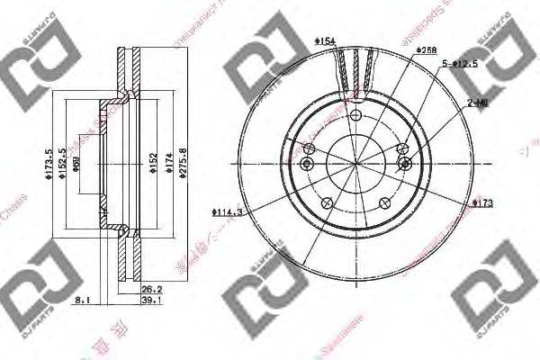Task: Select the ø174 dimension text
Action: pos(167,162)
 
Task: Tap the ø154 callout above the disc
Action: pos(325,40)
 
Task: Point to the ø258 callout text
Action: pos(427,49)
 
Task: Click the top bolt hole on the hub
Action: pos(355,117)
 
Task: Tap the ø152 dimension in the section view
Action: pos(153,162)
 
